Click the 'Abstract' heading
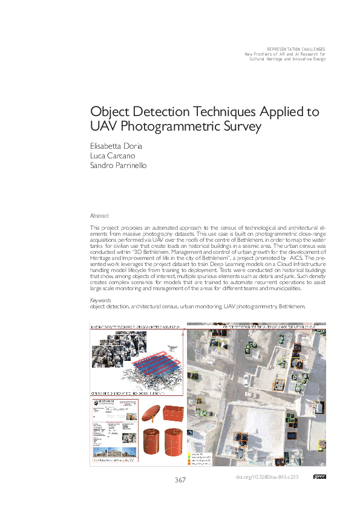[x=99, y=215]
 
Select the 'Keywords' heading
[x=100, y=300]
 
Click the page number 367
[x=180, y=480]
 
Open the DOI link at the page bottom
[x=266, y=477]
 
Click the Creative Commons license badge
[x=319, y=477]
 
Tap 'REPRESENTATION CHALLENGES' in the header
[x=296, y=49]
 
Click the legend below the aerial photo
[x=201, y=459]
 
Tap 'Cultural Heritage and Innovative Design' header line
[x=286, y=59]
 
